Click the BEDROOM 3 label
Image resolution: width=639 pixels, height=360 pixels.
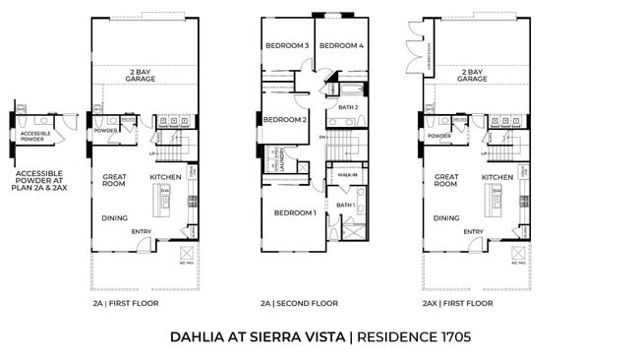[286, 46]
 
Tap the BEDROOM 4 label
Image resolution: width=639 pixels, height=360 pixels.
[341, 46]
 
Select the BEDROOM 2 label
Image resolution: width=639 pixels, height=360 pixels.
[285, 120]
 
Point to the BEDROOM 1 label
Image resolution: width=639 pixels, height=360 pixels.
[294, 212]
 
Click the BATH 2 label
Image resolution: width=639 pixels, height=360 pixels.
[347, 106]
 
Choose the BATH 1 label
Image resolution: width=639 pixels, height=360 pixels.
[345, 205]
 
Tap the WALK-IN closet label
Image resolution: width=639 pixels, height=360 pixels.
[346, 175]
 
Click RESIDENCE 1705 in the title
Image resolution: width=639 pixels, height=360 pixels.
[414, 337]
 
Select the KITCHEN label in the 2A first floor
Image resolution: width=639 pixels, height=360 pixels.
[165, 177]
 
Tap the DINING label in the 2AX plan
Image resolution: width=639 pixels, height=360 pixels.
[446, 218]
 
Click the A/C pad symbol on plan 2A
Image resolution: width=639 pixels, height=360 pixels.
[187, 253]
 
